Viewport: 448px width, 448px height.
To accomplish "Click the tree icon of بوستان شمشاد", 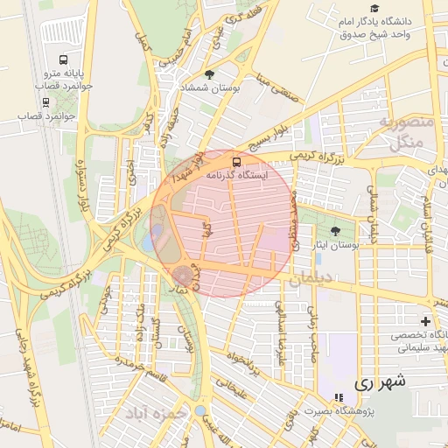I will click(208, 75).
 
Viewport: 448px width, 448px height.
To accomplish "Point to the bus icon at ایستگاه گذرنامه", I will click(234, 162).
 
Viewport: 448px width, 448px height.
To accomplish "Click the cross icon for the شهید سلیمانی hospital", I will click(425, 322).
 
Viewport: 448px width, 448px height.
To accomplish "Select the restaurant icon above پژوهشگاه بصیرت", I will click(339, 398).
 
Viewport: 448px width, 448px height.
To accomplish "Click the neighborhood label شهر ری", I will click(381, 383).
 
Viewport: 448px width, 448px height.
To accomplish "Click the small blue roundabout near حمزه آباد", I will click(201, 409).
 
